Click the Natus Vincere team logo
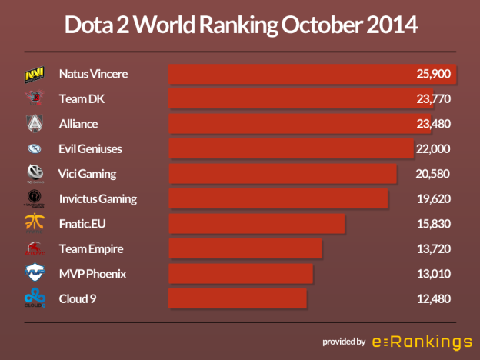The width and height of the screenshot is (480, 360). [x=34, y=75]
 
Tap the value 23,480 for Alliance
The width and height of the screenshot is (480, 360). [x=432, y=124]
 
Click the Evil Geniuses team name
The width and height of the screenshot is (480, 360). [x=90, y=148]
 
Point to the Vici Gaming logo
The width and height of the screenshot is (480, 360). [x=34, y=174]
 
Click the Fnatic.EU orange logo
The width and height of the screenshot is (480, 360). [x=34, y=224]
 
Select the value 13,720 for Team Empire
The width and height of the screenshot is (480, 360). [x=432, y=249]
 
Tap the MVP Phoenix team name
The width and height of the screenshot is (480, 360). [x=92, y=274]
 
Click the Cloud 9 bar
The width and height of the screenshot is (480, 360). [x=238, y=299]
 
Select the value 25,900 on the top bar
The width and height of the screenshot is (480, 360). [x=432, y=75]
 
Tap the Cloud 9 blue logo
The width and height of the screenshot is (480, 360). [x=34, y=298]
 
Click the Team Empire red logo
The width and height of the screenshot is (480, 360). [x=34, y=248]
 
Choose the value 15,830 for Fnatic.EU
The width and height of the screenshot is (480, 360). [x=432, y=224]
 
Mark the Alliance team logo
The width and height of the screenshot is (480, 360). [x=34, y=124]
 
